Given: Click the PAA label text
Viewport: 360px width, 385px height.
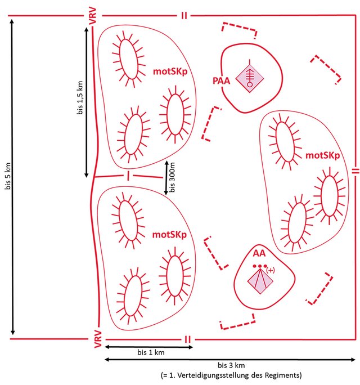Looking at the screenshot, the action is pyautogui.click(x=222, y=81).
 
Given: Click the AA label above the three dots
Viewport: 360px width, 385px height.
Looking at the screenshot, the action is pyautogui.click(x=259, y=253).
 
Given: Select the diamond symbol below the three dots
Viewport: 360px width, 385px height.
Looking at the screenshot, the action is pyautogui.click(x=260, y=281).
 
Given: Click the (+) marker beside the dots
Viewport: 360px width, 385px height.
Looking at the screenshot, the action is pyautogui.click(x=271, y=270).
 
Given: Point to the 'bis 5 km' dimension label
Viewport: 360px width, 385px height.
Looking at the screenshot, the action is pyautogui.click(x=8, y=176).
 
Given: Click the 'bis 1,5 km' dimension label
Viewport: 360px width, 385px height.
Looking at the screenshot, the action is pyautogui.click(x=80, y=98).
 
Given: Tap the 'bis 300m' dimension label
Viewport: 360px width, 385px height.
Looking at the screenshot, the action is pyautogui.click(x=172, y=177).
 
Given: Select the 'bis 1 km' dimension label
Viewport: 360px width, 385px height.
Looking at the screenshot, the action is pyautogui.click(x=151, y=352).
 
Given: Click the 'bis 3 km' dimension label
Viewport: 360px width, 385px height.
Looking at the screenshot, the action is pyautogui.click(x=231, y=365).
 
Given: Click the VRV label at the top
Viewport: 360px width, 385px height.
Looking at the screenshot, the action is pyautogui.click(x=93, y=16).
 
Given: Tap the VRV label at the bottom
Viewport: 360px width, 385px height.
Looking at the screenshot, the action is pyautogui.click(x=98, y=339).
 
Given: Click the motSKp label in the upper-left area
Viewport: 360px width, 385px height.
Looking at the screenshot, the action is pyautogui.click(x=170, y=71).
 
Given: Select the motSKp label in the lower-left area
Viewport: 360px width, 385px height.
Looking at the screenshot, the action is pyautogui.click(x=169, y=235).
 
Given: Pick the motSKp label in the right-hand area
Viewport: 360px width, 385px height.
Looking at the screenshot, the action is pyautogui.click(x=322, y=155).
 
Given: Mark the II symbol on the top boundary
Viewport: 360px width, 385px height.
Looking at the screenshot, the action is pyautogui.click(x=184, y=16).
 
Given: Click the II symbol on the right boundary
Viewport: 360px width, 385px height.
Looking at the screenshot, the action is pyautogui.click(x=355, y=171).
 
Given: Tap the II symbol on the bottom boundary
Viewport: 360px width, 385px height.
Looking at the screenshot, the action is pyautogui.click(x=187, y=339).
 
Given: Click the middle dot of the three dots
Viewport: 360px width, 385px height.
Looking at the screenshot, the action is pyautogui.click(x=260, y=266).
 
